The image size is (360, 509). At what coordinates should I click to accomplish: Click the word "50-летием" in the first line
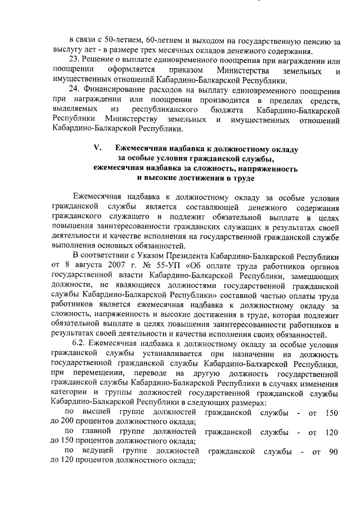(121, 41)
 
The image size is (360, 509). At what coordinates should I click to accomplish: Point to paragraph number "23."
(75, 61)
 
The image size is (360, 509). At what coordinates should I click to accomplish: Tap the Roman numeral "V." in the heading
(97, 148)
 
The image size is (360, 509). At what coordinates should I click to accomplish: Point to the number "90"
(333, 453)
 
